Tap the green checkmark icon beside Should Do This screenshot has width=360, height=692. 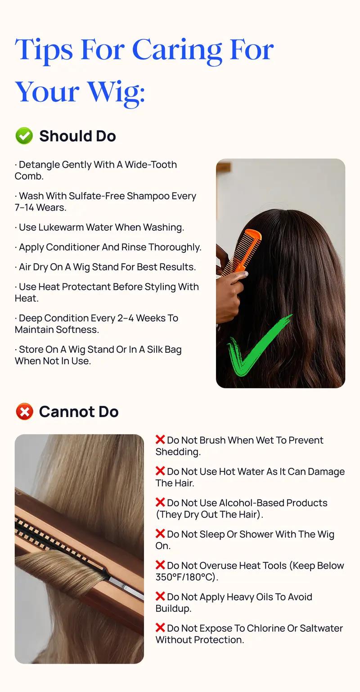24,136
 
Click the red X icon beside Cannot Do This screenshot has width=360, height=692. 24,411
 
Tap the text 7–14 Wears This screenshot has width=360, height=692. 40,207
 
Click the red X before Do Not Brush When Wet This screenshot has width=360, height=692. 160,440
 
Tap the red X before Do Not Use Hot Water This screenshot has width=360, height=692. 160,471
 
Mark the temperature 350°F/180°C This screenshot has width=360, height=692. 185,577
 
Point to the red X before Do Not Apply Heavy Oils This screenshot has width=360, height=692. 160,596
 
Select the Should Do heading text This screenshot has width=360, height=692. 77,136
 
